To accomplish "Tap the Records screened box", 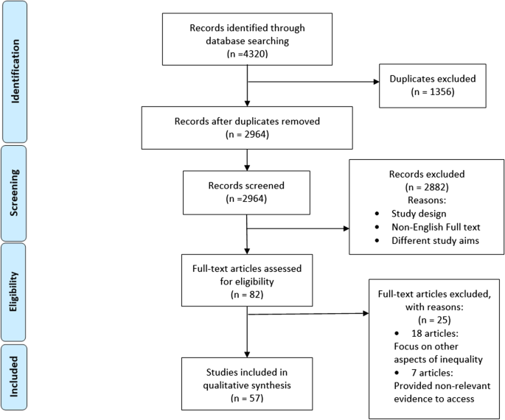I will tap(247, 192).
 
